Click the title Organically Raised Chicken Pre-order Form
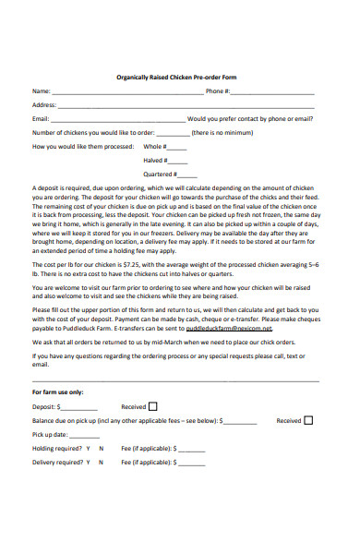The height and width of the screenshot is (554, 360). (180, 77)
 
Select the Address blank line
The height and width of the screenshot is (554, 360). (185, 107)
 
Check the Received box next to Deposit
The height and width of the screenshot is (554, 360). (152, 405)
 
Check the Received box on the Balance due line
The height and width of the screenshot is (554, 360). (308, 420)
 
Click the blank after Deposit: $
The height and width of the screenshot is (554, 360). (79, 407)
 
